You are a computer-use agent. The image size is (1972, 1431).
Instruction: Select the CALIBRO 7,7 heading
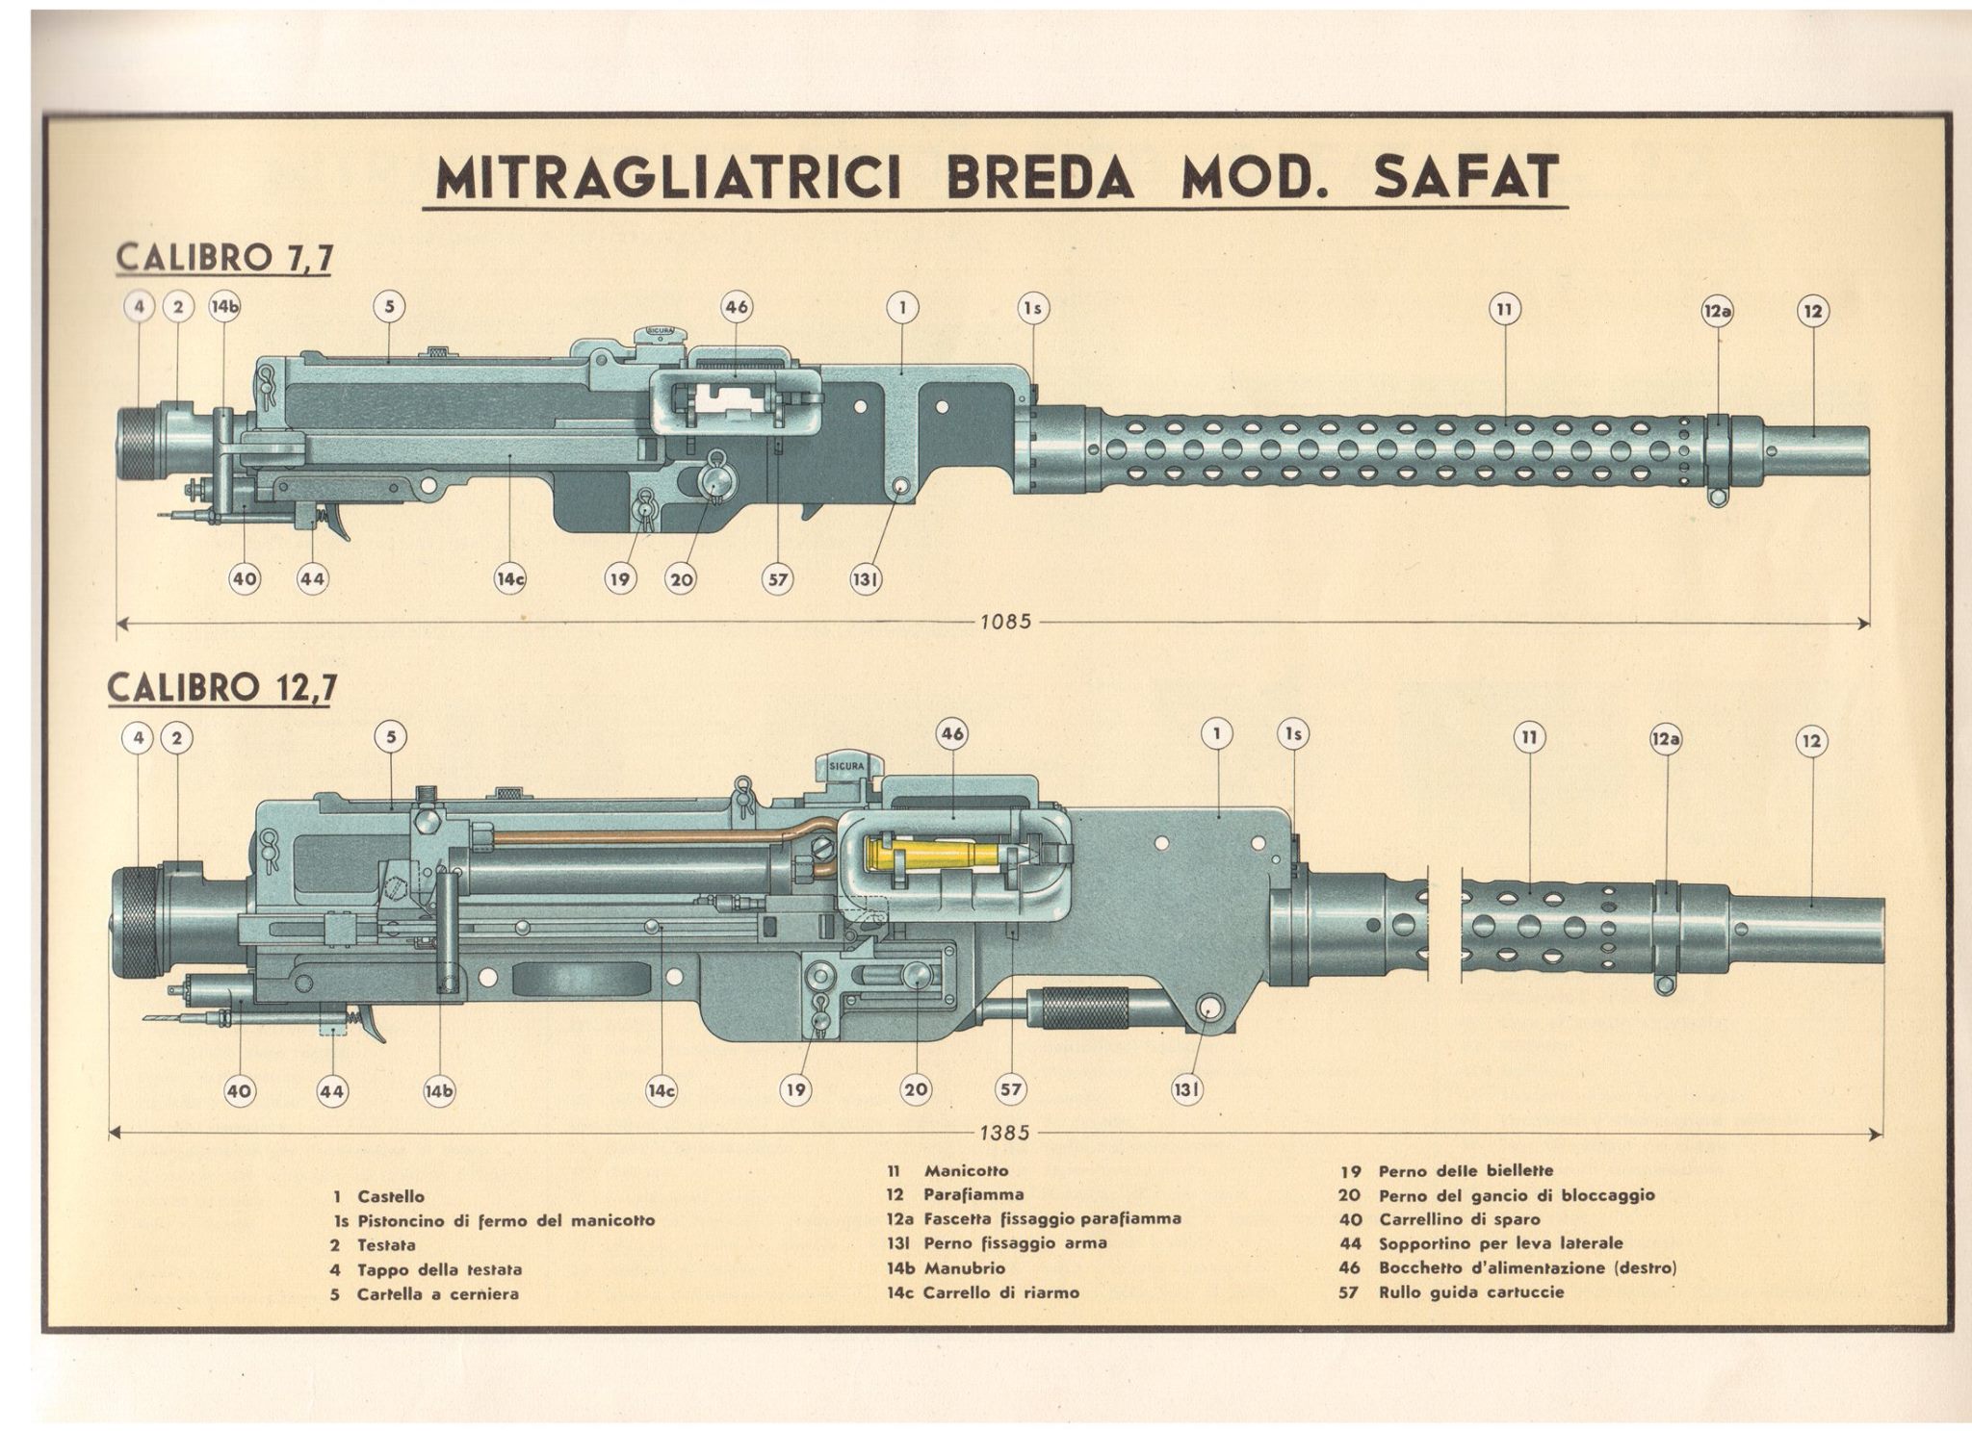[x=223, y=259]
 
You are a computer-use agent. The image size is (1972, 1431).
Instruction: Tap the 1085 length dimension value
[x=1006, y=622]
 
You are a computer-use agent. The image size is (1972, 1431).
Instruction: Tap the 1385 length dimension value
[x=1005, y=1133]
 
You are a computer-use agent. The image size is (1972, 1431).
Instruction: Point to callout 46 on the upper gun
[x=736, y=308]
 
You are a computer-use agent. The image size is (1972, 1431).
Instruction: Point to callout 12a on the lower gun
[x=1666, y=739]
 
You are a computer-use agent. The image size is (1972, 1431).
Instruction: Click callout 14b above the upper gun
[x=225, y=307]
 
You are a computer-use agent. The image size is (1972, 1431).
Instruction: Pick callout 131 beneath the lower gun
[x=1186, y=1089]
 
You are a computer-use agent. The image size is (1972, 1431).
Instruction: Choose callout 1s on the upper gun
[x=1033, y=308]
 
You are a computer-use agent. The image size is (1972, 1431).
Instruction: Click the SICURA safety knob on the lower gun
[x=845, y=766]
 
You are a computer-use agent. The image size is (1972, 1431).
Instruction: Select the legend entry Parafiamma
[x=973, y=1194]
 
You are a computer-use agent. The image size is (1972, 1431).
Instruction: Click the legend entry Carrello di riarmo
[x=1001, y=1292]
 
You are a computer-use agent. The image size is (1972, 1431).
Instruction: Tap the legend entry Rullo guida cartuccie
[x=1471, y=1291]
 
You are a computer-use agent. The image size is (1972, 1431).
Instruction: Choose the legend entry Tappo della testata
[x=440, y=1269]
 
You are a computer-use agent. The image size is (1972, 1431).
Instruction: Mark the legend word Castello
[x=391, y=1196]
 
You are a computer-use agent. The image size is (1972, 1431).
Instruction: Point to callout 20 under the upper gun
[x=682, y=579]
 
